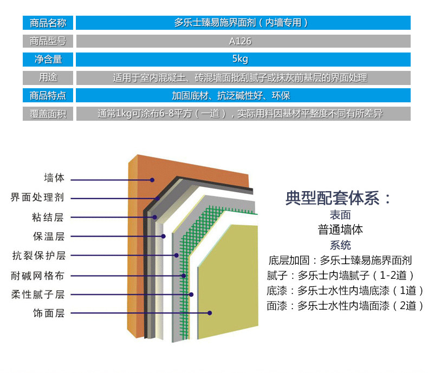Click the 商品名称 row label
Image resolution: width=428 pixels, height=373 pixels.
48,23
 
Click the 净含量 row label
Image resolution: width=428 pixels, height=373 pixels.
48,60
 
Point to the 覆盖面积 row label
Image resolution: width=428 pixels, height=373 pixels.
48,114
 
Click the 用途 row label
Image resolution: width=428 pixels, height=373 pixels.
48,77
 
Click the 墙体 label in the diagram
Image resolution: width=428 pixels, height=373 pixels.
54,178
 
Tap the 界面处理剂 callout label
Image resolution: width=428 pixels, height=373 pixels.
37,198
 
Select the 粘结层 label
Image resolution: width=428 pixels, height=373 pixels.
48,218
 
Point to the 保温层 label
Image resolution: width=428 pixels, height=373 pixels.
49,237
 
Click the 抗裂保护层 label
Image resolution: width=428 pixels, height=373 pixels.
39,256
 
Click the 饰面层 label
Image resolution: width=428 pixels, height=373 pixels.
49,313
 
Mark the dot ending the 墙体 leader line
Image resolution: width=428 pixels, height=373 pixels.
153,179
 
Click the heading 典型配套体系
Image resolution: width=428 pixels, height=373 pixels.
339,198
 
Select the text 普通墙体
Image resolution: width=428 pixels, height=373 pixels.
340,230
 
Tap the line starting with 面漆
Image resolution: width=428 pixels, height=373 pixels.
345,306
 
